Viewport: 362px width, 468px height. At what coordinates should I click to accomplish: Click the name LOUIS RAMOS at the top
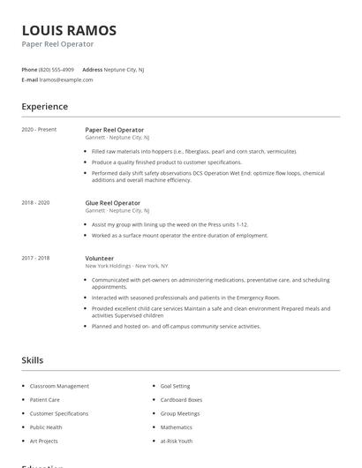coord(69,30)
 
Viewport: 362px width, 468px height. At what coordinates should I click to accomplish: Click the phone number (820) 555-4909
coord(57,69)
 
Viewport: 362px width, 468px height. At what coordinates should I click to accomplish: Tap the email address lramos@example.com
coord(66,79)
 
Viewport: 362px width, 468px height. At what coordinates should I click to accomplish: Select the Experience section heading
coord(45,107)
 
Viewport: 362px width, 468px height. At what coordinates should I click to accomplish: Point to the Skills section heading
coord(33,360)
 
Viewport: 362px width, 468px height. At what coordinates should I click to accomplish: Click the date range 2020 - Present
coord(39,130)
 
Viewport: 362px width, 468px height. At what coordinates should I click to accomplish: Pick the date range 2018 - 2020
coord(35,203)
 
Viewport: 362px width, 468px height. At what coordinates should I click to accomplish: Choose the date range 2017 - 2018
coord(35,258)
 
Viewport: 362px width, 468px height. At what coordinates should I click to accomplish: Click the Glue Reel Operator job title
coord(114,203)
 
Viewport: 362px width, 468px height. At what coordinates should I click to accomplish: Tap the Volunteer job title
coord(100,258)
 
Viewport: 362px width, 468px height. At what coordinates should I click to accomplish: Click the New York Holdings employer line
coord(126,266)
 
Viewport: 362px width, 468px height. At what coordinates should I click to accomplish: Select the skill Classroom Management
coord(59,386)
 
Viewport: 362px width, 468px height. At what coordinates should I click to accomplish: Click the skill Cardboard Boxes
coord(181,400)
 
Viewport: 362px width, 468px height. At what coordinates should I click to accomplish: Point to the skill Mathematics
coord(177,427)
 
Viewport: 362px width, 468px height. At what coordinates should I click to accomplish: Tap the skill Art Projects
coord(43,441)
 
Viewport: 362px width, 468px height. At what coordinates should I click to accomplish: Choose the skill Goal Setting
coord(175,386)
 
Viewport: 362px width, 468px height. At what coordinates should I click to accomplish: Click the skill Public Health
coord(47,427)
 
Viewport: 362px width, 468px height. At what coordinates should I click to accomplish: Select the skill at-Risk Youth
coord(177,441)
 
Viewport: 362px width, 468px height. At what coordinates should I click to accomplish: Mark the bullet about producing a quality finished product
coord(166,162)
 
